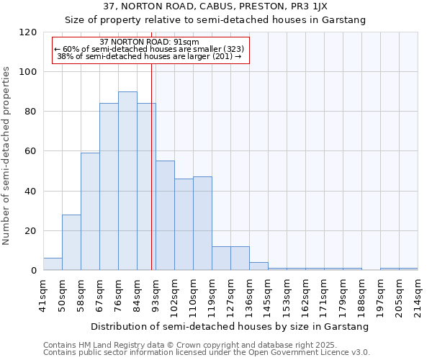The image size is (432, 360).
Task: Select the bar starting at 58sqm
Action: tap(90, 212)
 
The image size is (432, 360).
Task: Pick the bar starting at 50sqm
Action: tap(71, 243)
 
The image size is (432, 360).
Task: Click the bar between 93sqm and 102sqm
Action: tap(165, 216)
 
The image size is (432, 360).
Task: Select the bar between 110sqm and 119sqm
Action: tap(202, 224)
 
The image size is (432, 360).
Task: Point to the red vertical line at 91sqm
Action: tap(151, 180)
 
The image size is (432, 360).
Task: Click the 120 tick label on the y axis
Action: tap(28, 32)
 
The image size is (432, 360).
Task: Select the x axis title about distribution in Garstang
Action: tap(230, 326)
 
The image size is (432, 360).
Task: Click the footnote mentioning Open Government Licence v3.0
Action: tap(207, 353)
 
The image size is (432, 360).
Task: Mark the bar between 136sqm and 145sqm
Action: tap(258, 266)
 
